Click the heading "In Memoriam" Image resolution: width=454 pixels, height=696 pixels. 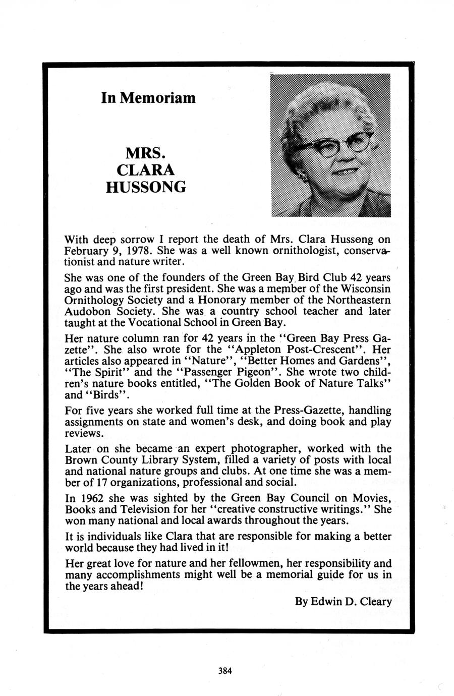pyautogui.click(x=148, y=97)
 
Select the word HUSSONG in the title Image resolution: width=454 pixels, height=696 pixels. pyautogui.click(x=146, y=187)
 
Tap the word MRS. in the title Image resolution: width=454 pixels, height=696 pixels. pyautogui.click(x=145, y=152)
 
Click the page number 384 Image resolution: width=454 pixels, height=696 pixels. pyautogui.click(x=225, y=670)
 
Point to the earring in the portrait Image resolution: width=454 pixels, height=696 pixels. pyautogui.click(x=303, y=176)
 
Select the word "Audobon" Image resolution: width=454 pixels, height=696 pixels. pyautogui.click(x=85, y=311)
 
